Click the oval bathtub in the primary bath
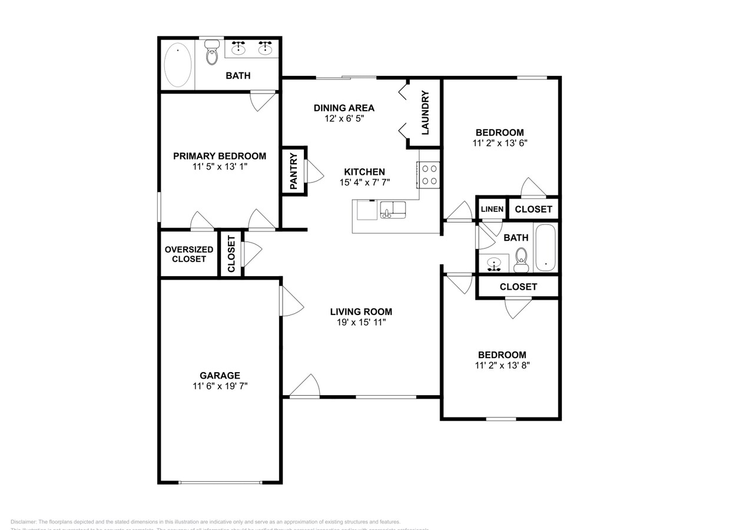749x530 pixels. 177,65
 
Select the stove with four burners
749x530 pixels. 430,175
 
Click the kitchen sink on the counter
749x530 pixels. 393,210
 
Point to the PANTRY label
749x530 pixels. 294,171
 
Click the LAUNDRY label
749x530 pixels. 425,112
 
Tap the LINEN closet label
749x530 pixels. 492,209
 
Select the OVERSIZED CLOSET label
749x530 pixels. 189,254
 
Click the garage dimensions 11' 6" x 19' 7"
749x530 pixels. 220,386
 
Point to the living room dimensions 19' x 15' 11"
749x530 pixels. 361,322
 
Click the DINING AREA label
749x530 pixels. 344,108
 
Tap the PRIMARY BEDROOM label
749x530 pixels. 219,156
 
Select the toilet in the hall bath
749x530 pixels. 521,260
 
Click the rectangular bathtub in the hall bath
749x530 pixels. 545,247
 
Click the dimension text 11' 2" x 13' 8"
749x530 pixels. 502,365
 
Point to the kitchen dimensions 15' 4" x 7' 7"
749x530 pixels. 364,183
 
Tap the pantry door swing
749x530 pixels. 314,171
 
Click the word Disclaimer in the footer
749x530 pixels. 24,522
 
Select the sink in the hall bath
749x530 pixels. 494,263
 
